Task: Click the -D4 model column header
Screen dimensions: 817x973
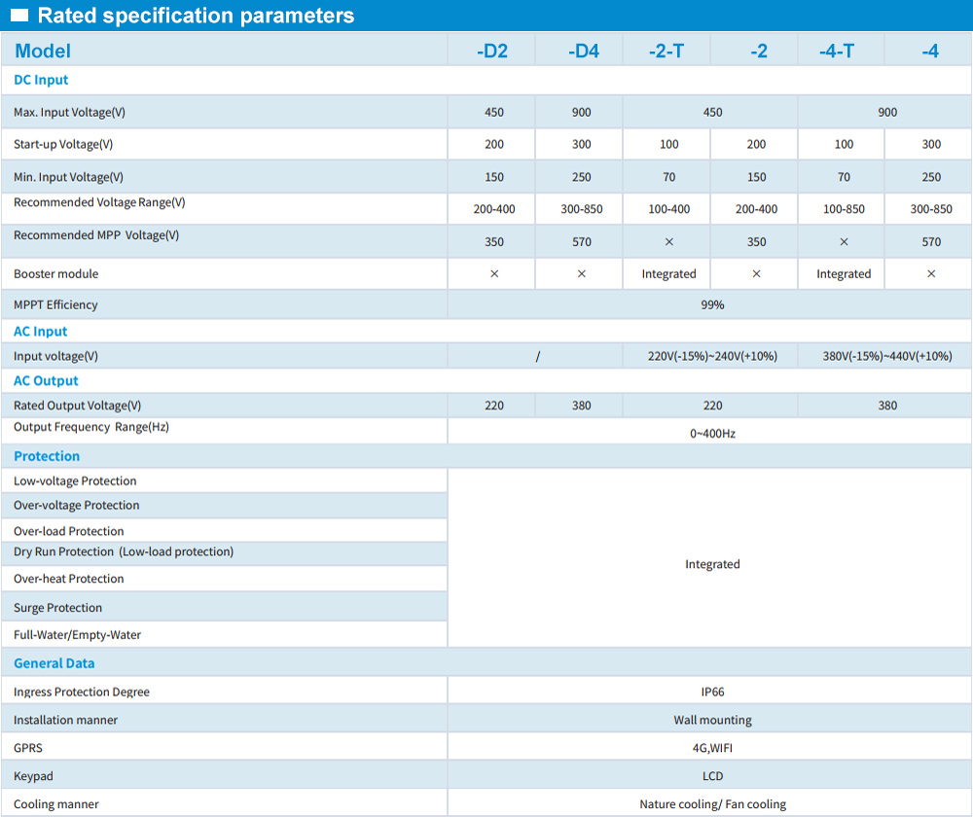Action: point(583,51)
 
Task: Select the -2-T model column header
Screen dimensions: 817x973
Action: point(667,51)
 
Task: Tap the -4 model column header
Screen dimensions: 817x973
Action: point(930,51)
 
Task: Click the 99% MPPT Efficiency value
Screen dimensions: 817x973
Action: point(712,304)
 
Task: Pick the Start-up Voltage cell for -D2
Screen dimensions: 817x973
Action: point(494,144)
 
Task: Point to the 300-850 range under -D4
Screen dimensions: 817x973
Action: point(582,209)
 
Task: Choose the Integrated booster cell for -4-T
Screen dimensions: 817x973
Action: point(844,274)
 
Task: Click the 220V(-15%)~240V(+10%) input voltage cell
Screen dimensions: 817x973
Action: point(712,356)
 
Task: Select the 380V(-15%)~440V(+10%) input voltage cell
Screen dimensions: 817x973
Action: point(887,356)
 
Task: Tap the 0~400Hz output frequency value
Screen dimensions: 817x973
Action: point(712,433)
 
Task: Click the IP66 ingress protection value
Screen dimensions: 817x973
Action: point(712,692)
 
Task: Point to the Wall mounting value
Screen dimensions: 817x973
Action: point(712,720)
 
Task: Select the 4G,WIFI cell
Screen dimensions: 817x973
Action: point(712,748)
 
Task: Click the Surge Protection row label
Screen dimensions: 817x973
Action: point(57,608)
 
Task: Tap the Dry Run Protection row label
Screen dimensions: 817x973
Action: point(124,551)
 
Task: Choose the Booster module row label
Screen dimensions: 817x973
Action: point(55,274)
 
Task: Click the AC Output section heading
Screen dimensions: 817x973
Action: point(46,380)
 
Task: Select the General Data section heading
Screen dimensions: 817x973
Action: point(54,663)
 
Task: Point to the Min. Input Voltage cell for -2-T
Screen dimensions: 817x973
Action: point(668,177)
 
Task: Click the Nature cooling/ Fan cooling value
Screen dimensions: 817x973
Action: point(712,804)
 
